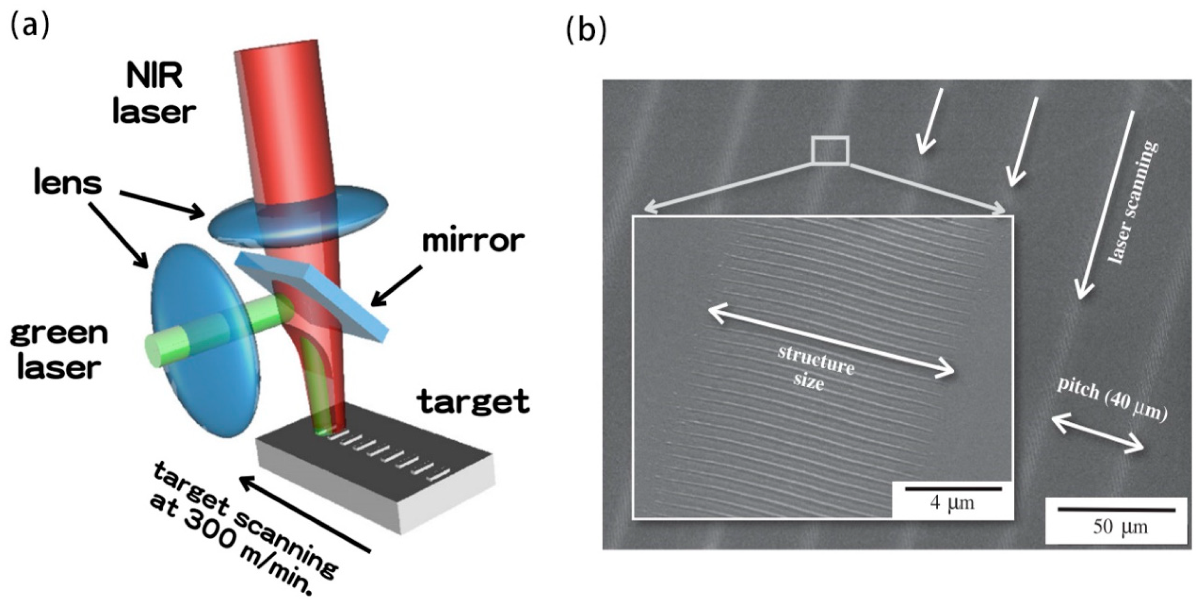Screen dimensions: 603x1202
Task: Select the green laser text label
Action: [59, 350]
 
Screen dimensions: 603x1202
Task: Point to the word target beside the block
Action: [474, 401]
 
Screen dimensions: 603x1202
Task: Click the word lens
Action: [68, 183]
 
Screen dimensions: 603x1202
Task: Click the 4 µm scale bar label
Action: [952, 503]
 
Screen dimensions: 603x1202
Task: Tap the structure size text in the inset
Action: [815, 373]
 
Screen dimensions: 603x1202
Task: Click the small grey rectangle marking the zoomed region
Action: [829, 150]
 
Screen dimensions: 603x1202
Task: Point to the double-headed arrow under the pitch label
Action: [1097, 435]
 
